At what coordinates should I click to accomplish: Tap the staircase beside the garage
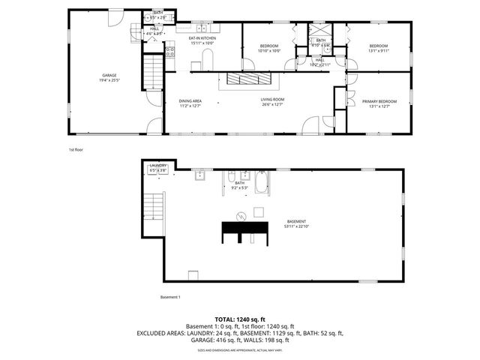point(153,72)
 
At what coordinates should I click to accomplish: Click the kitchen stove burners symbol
point(169,52)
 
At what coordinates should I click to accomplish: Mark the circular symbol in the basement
point(241,217)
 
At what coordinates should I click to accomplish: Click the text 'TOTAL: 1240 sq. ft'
point(240,319)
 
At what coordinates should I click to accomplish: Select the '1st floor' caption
point(76,149)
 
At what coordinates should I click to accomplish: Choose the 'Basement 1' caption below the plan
point(170,297)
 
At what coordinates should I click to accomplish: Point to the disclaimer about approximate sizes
point(240,350)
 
